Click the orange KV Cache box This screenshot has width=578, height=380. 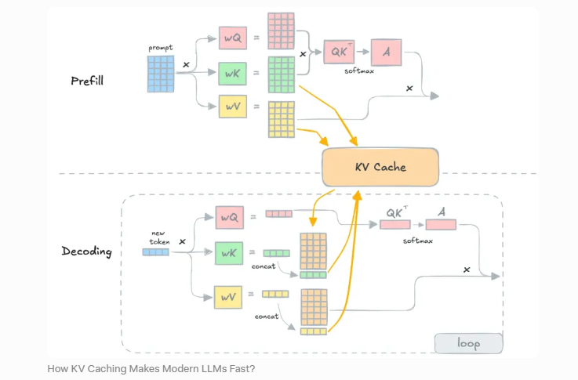[380, 167]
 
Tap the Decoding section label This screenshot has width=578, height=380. [86, 252]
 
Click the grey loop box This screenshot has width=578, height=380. [468, 343]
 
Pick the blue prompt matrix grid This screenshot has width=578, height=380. [160, 72]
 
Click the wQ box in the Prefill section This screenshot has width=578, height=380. [234, 36]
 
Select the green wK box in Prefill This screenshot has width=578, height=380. [234, 74]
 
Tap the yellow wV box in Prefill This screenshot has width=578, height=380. [234, 107]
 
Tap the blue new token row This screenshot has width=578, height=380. [155, 252]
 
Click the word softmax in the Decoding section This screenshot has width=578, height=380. [418, 241]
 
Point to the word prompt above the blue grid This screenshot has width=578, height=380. [160, 48]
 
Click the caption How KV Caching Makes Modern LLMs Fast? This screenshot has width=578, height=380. [151, 368]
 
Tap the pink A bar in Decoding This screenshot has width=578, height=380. [441, 225]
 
